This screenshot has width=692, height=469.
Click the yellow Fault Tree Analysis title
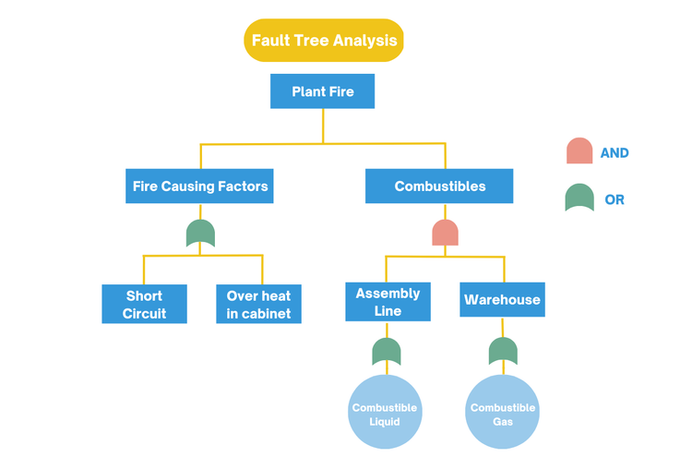(x=324, y=41)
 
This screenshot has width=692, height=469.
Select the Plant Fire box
(x=322, y=91)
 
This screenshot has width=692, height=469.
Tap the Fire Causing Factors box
(x=200, y=186)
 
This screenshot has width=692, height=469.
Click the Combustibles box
(x=439, y=186)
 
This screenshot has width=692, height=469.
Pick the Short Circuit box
(x=144, y=305)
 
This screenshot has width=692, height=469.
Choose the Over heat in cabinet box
(x=258, y=305)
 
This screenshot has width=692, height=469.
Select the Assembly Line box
(x=388, y=302)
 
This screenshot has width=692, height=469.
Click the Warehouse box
(x=502, y=300)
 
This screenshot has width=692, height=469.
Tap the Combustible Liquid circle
(x=385, y=413)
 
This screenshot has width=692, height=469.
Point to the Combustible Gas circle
(x=503, y=413)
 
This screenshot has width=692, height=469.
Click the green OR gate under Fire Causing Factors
(x=200, y=234)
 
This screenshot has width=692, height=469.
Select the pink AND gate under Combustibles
(x=445, y=233)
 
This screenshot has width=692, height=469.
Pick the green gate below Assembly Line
(x=387, y=352)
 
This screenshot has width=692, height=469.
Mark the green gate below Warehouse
(x=503, y=352)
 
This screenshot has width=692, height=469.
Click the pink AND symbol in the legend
(x=579, y=151)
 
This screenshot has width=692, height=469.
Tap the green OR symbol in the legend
(x=579, y=198)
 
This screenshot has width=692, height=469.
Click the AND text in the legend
(x=614, y=153)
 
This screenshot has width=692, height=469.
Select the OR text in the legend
(x=614, y=199)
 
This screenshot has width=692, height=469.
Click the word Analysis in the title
(x=364, y=41)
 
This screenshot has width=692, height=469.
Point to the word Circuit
(x=144, y=314)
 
